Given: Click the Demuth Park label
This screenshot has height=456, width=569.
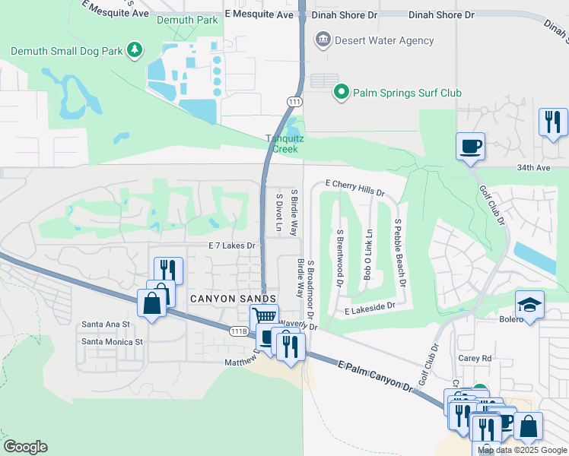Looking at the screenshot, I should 187,21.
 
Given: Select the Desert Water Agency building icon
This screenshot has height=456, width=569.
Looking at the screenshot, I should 323,40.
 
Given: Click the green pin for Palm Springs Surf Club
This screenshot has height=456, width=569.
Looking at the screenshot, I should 342,93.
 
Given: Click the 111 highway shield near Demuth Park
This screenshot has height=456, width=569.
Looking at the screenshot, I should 294,101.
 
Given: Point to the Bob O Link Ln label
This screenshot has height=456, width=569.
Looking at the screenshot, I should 368,255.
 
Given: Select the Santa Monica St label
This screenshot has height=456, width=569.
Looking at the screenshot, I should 112,342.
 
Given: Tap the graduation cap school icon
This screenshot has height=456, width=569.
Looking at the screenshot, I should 529,305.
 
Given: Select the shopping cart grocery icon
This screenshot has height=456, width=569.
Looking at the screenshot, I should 263,316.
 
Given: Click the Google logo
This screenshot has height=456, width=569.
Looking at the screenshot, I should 24,447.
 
